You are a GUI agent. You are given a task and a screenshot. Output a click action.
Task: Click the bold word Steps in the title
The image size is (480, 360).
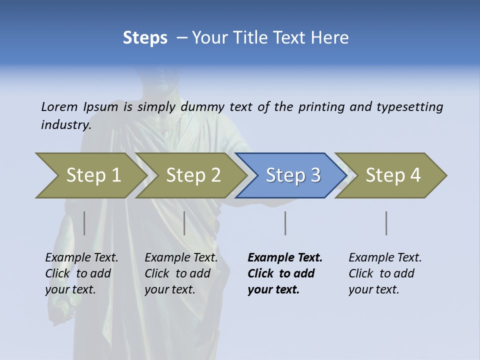click(145, 38)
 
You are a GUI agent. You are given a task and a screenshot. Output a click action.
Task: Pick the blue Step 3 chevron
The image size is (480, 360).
click(291, 175)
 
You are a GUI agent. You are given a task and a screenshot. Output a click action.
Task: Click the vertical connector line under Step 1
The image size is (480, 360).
click(84, 223)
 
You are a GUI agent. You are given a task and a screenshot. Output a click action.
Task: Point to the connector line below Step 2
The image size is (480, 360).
click(184, 223)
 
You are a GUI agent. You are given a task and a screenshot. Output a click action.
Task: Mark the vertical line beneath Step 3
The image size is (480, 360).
click(285, 223)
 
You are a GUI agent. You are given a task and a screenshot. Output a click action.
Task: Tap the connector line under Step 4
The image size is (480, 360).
click(386, 223)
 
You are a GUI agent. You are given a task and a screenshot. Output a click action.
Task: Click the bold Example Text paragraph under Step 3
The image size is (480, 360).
click(284, 273)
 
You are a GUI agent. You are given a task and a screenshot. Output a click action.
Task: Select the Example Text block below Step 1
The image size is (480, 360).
click(81, 273)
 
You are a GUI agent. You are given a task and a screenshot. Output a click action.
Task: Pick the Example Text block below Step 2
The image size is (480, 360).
click(180, 273)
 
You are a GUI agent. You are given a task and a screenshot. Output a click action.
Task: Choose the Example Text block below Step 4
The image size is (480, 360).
click(384, 273)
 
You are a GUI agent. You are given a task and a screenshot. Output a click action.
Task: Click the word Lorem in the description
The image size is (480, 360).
click(59, 106)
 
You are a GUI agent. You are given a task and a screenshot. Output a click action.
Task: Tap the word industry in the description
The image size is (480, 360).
click(66, 124)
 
